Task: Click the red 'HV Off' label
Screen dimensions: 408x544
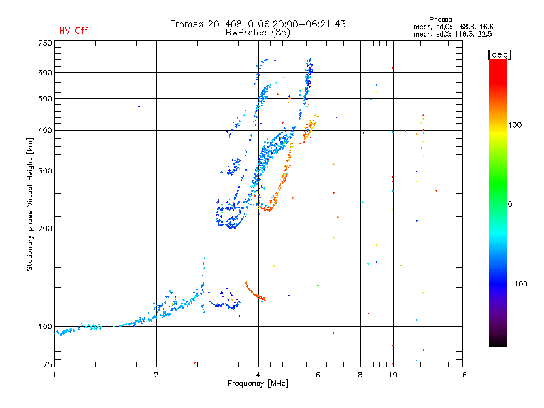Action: coord(73,31)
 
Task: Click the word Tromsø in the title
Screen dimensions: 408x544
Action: coord(186,24)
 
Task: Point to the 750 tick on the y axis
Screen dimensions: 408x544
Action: coord(45,43)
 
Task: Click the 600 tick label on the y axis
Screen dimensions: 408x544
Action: coord(45,73)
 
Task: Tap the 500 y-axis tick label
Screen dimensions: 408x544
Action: coord(45,99)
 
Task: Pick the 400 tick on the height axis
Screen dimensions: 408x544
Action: coord(45,130)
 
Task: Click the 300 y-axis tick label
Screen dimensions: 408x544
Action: coord(45,171)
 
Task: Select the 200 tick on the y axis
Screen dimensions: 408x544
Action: coord(45,228)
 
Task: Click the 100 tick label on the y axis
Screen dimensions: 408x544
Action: coord(45,327)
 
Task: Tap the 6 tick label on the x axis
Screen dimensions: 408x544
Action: coord(318,375)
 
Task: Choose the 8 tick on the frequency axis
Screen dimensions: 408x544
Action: coord(360,375)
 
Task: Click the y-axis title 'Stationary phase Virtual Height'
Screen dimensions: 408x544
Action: coord(30,204)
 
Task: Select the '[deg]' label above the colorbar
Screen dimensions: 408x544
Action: coord(500,54)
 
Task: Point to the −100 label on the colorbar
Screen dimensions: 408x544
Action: coord(516,284)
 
